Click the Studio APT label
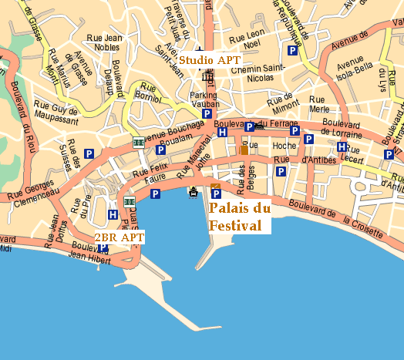210,59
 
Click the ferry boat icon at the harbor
193,192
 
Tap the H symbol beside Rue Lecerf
342,147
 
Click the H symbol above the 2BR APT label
113,215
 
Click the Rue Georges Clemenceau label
27,190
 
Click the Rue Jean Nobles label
103,42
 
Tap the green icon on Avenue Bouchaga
138,143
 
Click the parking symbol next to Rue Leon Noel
292,50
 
